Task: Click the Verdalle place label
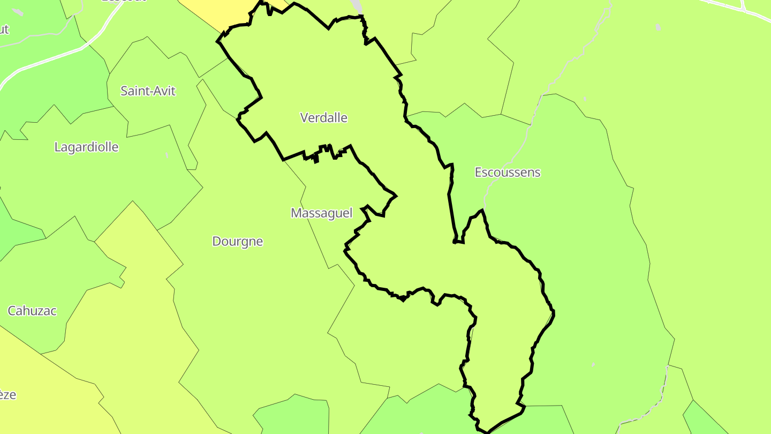pyautogui.click(x=323, y=117)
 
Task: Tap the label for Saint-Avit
pyautogui.click(x=148, y=91)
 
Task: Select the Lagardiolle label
pyautogui.click(x=86, y=147)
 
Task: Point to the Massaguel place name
pyautogui.click(x=321, y=213)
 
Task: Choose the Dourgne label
pyautogui.click(x=238, y=242)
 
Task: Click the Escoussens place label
pyautogui.click(x=508, y=173)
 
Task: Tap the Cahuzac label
pyautogui.click(x=32, y=311)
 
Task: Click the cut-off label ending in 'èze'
pyautogui.click(x=7, y=395)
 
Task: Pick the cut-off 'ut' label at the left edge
pyautogui.click(x=4, y=29)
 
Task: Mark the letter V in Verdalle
pyautogui.click(x=305, y=117)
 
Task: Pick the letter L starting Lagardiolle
pyautogui.click(x=57, y=147)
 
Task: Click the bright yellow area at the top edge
pyautogui.click(x=214, y=13)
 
